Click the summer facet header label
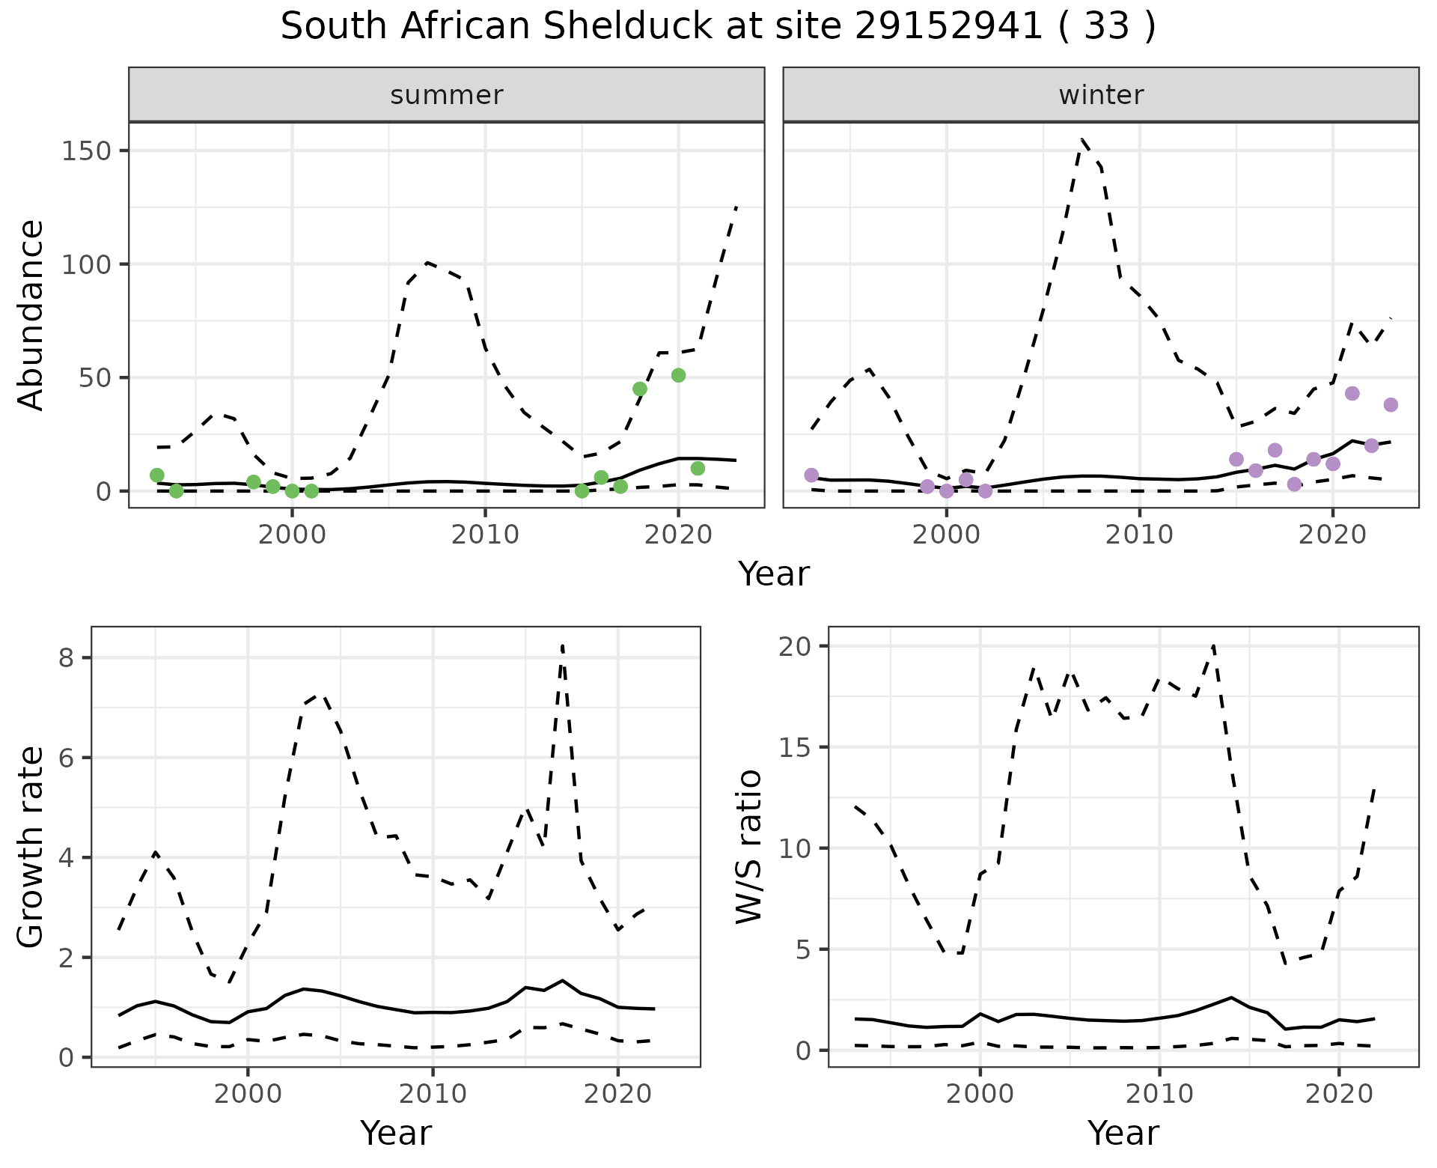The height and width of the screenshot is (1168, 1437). pyautogui.click(x=446, y=95)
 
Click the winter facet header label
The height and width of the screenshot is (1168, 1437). pyautogui.click(x=1100, y=95)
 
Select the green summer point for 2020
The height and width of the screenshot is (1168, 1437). pyautogui.click(x=678, y=375)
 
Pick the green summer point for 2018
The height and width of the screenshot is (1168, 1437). pyautogui.click(x=640, y=389)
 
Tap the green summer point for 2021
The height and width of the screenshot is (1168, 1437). pyautogui.click(x=698, y=468)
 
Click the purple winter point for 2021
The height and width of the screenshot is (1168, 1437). pyautogui.click(x=1352, y=393)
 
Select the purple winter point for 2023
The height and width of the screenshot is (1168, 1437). pyautogui.click(x=1391, y=404)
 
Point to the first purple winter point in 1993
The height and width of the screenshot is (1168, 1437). pyautogui.click(x=811, y=475)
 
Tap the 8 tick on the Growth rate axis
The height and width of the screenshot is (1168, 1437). pyautogui.click(x=65, y=657)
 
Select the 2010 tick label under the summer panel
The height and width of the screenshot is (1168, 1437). pyautogui.click(x=485, y=535)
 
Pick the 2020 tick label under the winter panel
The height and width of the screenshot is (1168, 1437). pyautogui.click(x=1331, y=535)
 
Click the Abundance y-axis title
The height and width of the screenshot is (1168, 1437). pyautogui.click(x=31, y=314)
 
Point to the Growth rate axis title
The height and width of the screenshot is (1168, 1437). pyautogui.click(x=31, y=848)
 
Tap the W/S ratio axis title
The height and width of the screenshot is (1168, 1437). pyautogui.click(x=748, y=846)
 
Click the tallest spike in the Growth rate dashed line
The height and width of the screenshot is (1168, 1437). pyautogui.click(x=562, y=645)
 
